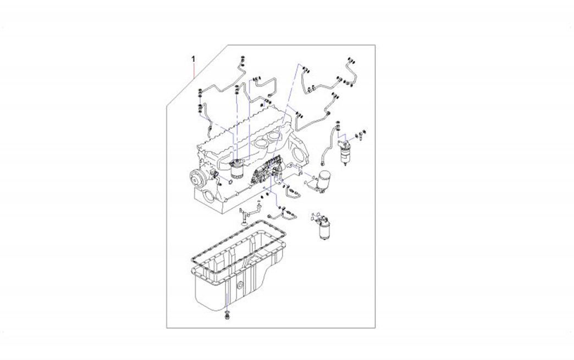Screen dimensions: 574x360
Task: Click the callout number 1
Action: (194, 59)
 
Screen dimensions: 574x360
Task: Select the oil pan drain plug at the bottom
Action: (228, 315)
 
